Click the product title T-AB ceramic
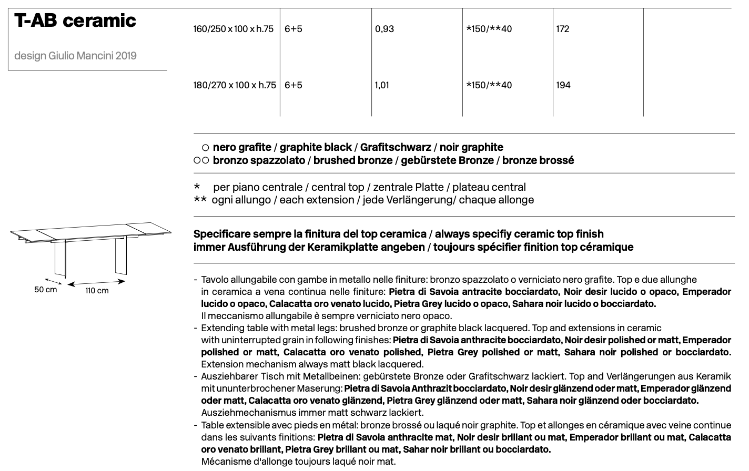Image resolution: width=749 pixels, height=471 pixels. (x=75, y=21)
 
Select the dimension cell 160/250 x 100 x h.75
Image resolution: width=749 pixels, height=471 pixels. (x=234, y=29)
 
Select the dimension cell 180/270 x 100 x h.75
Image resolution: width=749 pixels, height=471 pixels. (x=235, y=85)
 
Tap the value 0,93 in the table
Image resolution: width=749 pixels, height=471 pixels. (x=384, y=29)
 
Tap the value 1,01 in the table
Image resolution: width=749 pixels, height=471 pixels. (x=382, y=85)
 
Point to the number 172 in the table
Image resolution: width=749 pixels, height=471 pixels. (x=563, y=29)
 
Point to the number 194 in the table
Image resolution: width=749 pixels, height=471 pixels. (x=563, y=85)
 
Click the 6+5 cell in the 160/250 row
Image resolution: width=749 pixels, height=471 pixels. (x=293, y=29)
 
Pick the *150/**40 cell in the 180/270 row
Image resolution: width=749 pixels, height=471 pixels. (x=489, y=85)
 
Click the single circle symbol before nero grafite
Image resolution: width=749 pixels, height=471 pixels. (x=206, y=148)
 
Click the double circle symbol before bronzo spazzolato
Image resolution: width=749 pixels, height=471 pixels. (x=201, y=161)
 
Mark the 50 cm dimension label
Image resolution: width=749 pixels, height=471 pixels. (x=46, y=290)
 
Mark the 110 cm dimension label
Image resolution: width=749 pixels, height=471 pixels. (x=97, y=291)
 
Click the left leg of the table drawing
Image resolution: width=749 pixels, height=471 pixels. (x=60, y=259)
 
